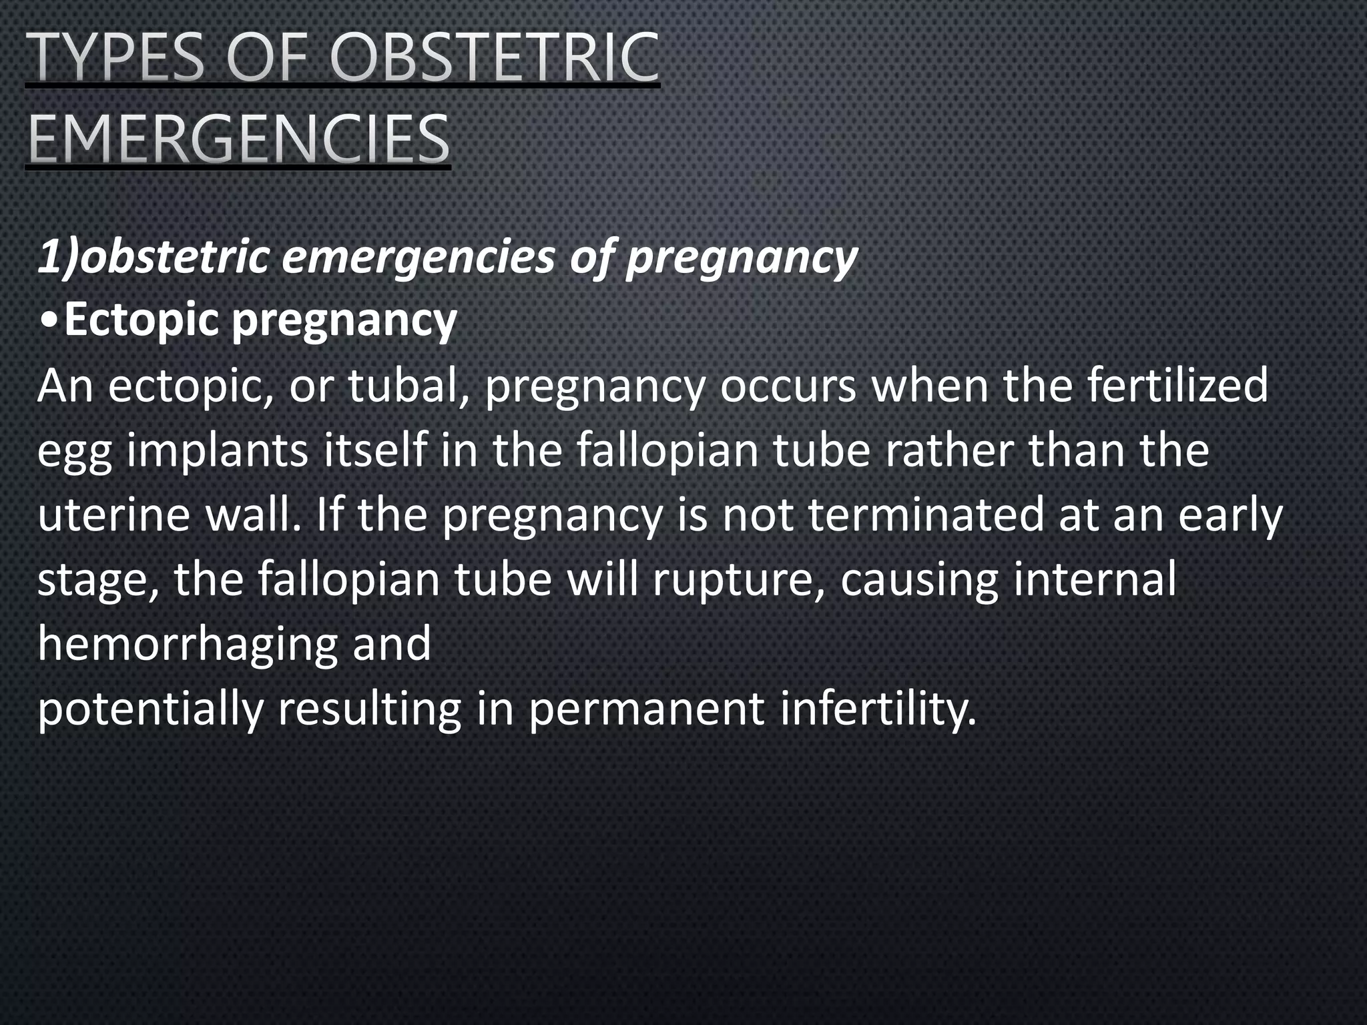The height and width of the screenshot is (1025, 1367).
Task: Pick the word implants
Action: point(217,451)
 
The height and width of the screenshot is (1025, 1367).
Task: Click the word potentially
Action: point(150,710)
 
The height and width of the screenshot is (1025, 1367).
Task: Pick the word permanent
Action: point(646,710)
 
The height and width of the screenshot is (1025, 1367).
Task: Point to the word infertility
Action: point(878,710)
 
